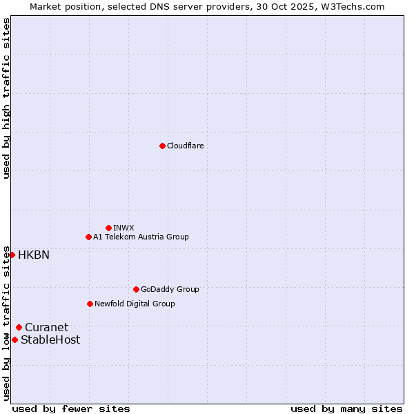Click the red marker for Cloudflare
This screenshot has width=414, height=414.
(162, 146)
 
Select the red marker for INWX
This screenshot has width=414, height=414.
(108, 228)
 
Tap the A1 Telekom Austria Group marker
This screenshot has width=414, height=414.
(88, 237)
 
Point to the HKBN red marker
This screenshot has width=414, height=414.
(12, 255)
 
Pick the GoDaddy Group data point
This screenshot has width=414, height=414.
(136, 289)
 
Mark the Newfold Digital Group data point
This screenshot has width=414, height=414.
(90, 304)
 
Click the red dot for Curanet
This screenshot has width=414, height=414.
(19, 327)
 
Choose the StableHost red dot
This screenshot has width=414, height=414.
(14, 339)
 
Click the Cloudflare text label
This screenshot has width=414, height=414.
(186, 146)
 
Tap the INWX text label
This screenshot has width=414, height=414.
(124, 228)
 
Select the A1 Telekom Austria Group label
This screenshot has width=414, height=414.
(141, 237)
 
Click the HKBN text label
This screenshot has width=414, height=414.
(34, 255)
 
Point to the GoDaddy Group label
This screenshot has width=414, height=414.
(170, 289)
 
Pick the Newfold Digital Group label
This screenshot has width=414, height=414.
(135, 304)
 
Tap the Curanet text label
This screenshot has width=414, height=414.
(47, 327)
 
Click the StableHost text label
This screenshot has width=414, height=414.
(50, 339)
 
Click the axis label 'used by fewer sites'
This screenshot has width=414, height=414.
(71, 408)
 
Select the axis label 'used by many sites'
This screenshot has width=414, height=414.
(346, 408)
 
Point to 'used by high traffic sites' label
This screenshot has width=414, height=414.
(6, 98)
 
